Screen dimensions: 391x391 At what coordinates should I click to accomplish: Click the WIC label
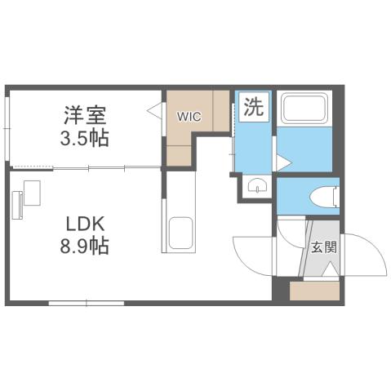tap(190, 116)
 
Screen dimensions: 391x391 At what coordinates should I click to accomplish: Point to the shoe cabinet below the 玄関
tap(314, 290)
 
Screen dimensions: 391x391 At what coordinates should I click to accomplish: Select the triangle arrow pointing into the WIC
tap(153, 109)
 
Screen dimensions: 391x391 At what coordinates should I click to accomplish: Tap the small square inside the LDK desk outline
tap(33, 193)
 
